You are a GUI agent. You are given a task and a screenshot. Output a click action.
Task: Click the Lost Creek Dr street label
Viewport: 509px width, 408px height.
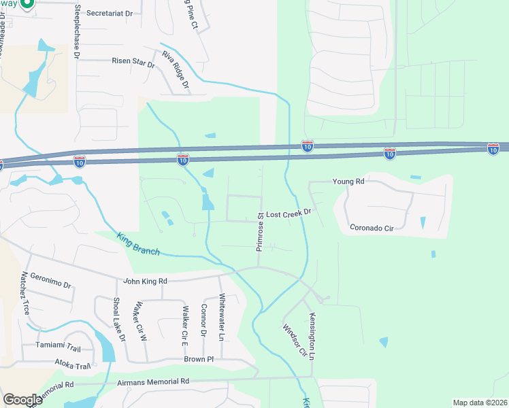288,213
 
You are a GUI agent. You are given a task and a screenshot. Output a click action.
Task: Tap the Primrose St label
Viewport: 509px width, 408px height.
260,232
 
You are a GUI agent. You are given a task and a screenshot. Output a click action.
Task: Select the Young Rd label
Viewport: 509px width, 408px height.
348,182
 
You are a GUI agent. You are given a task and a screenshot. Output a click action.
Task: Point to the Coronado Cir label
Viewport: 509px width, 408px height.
372,227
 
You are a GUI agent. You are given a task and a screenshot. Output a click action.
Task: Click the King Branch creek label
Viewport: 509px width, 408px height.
139,244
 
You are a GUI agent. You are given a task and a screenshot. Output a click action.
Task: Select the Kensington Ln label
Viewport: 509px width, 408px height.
314,337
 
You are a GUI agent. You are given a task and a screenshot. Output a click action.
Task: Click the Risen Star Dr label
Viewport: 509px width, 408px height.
133,61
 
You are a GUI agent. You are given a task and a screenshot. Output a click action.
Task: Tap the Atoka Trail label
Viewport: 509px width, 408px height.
73,366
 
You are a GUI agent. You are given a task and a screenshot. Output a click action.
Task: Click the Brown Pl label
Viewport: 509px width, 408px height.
199,359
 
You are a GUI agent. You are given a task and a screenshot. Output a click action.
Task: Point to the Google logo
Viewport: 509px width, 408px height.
22,400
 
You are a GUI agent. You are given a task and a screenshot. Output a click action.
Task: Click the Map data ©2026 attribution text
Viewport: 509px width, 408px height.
480,403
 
